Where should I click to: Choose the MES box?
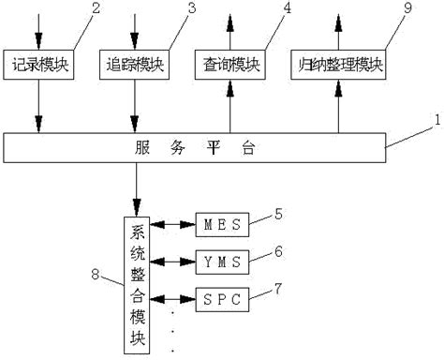coord(223,226)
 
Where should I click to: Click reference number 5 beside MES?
coord(280,214)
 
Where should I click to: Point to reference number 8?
coord(104,275)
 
